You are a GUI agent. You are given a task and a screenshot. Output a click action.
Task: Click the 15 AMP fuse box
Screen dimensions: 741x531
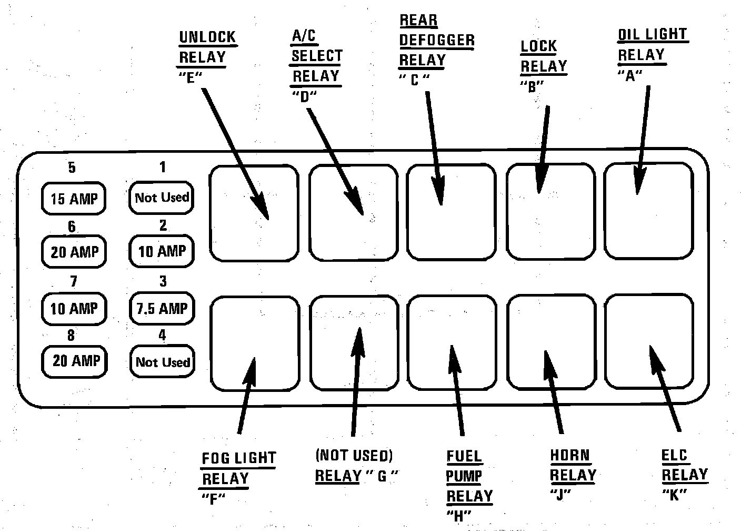pos(73,199)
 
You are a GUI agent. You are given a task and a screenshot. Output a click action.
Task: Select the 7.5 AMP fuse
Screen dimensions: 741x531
pos(162,308)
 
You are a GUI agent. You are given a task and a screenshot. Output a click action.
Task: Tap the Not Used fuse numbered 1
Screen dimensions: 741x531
pos(161,198)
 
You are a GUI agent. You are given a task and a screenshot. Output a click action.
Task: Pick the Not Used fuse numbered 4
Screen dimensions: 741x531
pos(162,362)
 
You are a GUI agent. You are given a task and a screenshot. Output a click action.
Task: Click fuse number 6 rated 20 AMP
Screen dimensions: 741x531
pos(74,252)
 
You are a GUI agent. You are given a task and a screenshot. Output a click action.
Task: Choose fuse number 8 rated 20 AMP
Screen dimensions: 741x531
pos(75,361)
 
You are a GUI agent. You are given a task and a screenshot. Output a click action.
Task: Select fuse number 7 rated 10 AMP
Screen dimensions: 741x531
pos(74,308)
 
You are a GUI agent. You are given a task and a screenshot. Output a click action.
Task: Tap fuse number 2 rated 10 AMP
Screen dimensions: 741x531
pos(162,251)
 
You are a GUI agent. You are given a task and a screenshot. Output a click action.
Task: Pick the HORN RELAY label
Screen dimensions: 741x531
pos(572,465)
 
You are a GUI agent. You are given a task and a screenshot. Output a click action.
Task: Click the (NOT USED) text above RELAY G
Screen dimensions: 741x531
pos(354,455)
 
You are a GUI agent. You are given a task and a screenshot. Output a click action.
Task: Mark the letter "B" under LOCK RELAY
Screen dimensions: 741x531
pos(531,86)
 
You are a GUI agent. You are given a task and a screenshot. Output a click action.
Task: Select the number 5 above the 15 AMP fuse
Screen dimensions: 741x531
pos(72,168)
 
